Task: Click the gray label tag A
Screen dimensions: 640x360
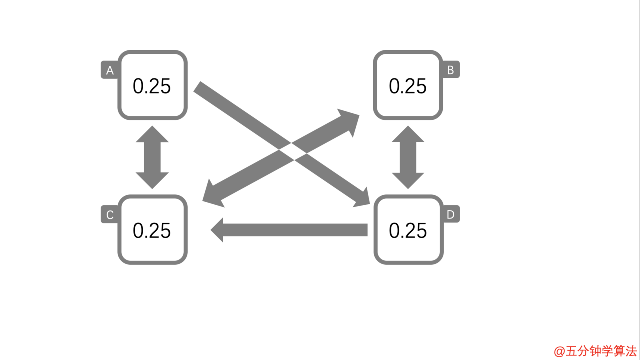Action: click(110, 70)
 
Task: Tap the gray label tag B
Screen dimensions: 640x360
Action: click(451, 69)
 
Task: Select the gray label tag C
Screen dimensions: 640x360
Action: click(110, 214)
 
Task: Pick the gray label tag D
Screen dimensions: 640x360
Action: click(451, 214)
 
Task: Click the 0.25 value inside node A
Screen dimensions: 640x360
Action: click(152, 86)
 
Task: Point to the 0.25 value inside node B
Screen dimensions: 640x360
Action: click(408, 86)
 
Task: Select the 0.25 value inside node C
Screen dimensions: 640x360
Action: click(152, 231)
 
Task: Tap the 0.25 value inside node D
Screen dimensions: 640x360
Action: click(408, 231)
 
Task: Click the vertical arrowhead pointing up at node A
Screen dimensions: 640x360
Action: click(152, 135)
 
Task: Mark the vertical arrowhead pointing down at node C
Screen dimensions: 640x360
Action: click(152, 180)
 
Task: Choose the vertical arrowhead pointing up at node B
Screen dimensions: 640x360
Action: click(408, 135)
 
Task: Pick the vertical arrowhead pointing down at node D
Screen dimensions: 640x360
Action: click(408, 180)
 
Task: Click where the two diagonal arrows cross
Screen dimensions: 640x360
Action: click(293, 151)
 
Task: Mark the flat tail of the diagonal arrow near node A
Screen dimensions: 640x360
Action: click(197, 87)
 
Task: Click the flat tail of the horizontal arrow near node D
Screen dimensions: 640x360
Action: click(367, 230)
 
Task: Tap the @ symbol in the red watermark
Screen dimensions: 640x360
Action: click(559, 351)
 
